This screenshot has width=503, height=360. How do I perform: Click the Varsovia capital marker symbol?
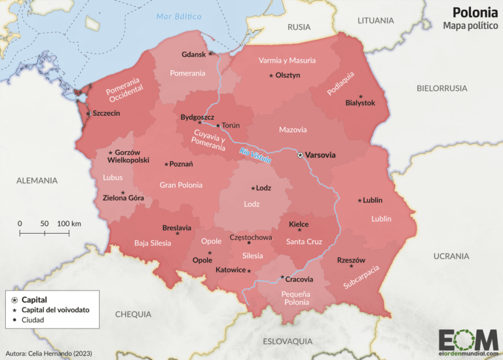pos(301,155)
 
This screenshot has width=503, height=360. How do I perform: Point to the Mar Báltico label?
pos(179,16)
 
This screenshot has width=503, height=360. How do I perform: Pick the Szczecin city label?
pos(106,113)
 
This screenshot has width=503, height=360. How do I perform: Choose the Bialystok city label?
pos(360,103)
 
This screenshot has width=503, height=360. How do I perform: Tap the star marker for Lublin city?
pos(359,200)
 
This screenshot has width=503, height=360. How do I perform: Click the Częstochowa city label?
pos(250,237)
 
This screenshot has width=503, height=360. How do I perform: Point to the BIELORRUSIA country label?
pos(441,88)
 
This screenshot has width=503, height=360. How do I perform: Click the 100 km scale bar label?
pos(68,223)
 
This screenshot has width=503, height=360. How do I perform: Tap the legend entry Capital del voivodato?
pos(56,310)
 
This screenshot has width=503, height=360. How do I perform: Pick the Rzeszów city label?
pos(351,260)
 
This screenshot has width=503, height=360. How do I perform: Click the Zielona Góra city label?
pos(123,197)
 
